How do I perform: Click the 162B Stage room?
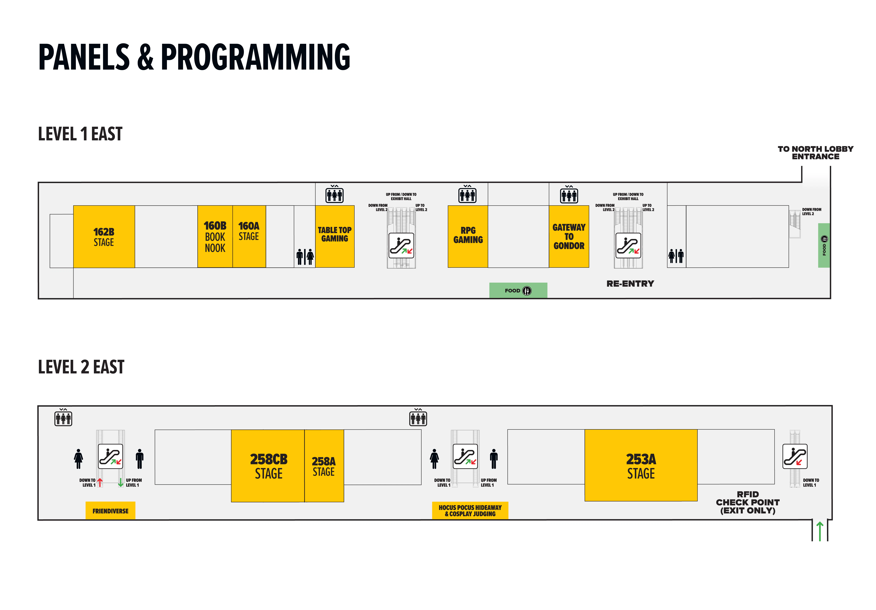[x=104, y=237]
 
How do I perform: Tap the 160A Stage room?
[x=249, y=237]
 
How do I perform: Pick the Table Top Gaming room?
[x=335, y=237]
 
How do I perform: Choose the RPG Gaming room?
[x=468, y=237]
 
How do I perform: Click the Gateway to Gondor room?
[x=569, y=237]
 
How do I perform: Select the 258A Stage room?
[x=324, y=466]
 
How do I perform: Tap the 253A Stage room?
[x=641, y=465]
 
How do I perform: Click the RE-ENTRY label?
[x=630, y=284]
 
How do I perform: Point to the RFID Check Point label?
[x=748, y=502]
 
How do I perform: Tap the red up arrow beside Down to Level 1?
[x=100, y=482]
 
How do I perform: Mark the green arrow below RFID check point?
[x=820, y=531]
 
